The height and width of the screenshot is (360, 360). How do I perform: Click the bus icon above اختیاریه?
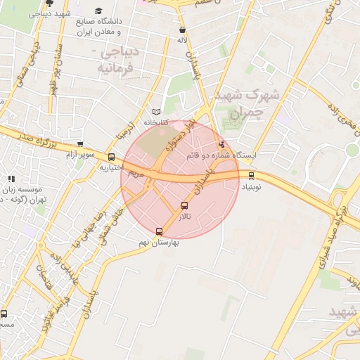[x=111, y=157]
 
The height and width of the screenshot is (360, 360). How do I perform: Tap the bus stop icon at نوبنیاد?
[x=251, y=175]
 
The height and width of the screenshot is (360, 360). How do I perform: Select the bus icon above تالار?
[x=185, y=206]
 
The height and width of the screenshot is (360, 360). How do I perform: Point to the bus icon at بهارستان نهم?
[x=158, y=231]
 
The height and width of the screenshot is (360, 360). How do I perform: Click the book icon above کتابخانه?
[x=157, y=112]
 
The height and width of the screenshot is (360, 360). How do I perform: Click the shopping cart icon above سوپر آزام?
[x=79, y=143]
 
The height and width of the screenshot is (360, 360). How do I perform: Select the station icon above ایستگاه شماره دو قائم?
[x=222, y=144]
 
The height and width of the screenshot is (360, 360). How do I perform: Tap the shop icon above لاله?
[x=183, y=30]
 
